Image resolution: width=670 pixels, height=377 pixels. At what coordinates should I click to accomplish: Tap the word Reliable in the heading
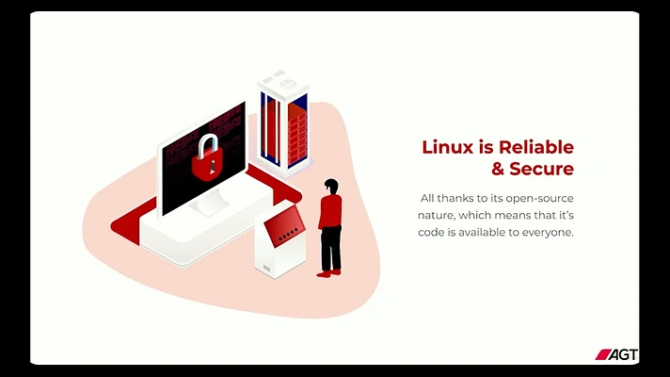535,147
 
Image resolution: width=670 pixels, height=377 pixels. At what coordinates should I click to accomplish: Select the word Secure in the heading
541,169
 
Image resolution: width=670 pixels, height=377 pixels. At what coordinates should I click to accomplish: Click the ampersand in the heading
498,169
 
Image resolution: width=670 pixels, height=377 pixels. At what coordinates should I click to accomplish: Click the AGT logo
616,354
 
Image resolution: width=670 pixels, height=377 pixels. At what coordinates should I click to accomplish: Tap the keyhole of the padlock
212,168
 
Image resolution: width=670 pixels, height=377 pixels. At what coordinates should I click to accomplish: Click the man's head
331,186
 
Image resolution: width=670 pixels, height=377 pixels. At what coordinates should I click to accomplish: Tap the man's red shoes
328,272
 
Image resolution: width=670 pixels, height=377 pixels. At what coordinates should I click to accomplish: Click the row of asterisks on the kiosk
288,234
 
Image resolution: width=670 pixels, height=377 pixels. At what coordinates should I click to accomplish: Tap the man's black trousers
330,249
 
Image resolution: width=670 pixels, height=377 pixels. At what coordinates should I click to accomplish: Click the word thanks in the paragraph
456,198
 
